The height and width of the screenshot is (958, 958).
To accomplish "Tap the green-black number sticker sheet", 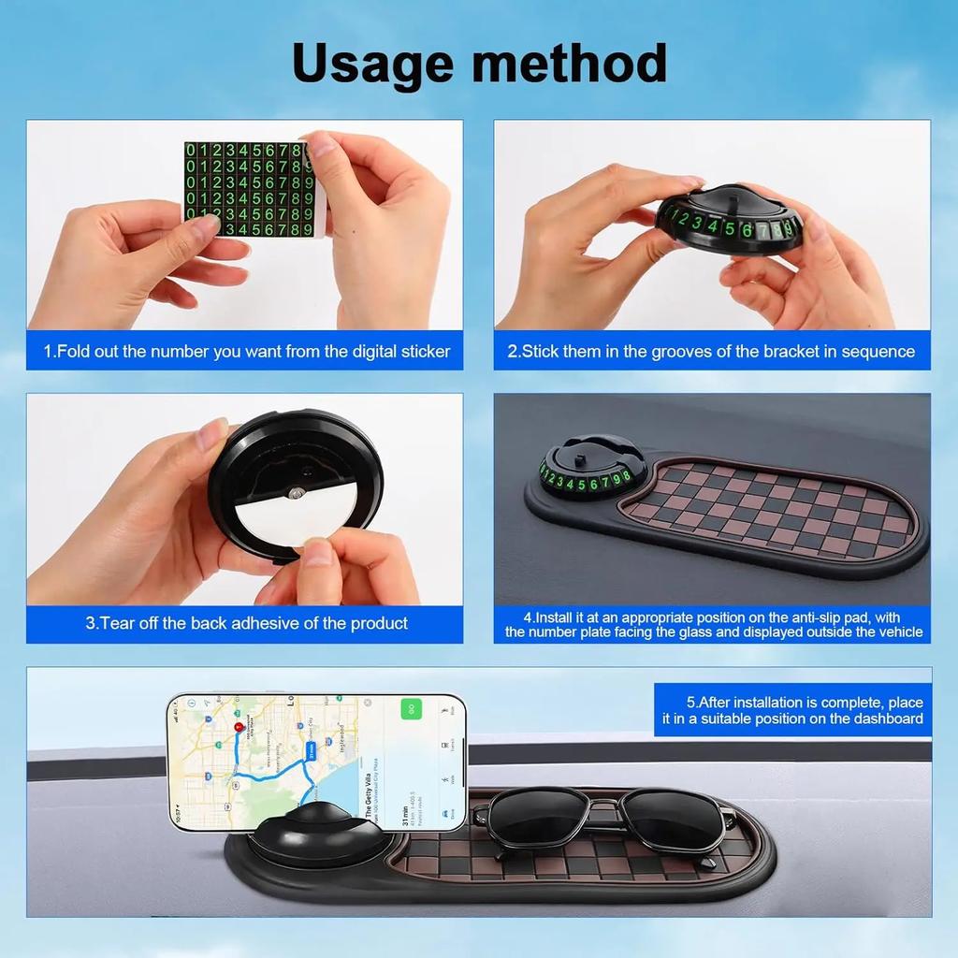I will [245, 189].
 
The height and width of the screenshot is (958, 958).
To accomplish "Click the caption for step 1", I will [246, 352].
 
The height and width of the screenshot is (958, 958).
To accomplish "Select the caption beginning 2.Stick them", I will [711, 352].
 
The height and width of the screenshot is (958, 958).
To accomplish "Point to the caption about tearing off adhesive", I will [246, 623].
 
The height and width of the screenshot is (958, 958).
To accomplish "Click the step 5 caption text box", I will [792, 710].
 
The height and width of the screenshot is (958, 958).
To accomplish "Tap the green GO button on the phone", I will [411, 708].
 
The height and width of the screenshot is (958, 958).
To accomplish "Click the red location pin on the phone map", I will [239, 727].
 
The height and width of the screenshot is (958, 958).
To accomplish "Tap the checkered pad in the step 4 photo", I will [767, 510].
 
